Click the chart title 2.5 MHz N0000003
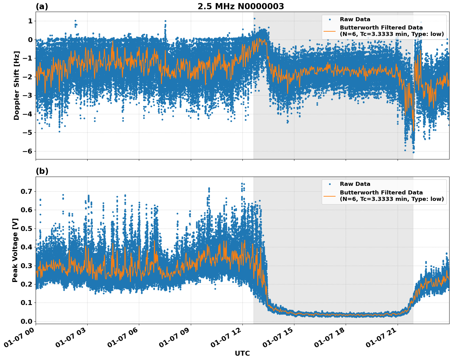(241, 6)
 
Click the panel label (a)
(42, 6)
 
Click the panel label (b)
(42, 171)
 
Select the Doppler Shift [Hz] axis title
(17, 85)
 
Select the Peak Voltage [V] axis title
(15, 250)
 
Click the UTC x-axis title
(242, 353)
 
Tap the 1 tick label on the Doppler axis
(30, 21)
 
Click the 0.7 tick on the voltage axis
(26, 191)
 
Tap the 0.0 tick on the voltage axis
(26, 321)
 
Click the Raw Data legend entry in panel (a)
(355, 19)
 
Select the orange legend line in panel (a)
(330, 31)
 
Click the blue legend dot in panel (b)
(330, 184)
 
